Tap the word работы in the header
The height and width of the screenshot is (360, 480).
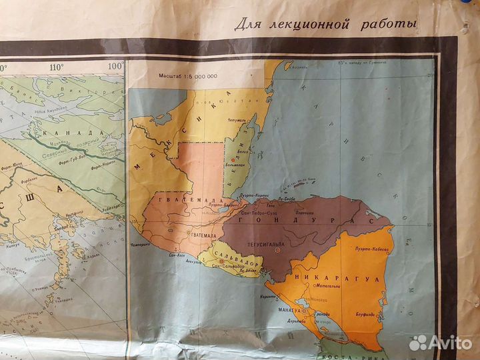[x=393, y=24]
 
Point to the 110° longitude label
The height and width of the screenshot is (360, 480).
[x=55, y=66]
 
